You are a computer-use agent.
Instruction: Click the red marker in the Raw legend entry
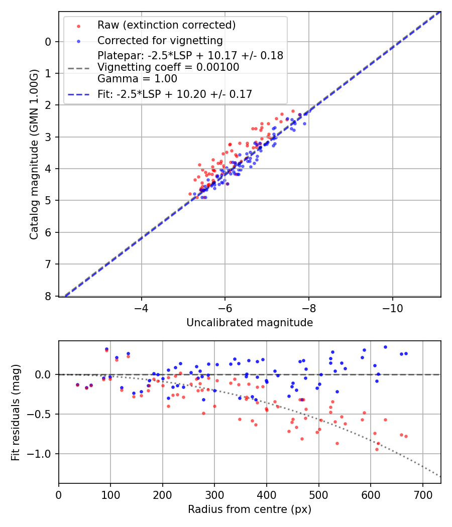(x=78, y=25)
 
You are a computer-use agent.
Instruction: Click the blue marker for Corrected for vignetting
(x=78, y=41)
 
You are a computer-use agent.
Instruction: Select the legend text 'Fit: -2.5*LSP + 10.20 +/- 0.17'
(x=175, y=94)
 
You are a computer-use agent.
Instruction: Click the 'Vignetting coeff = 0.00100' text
(x=168, y=67)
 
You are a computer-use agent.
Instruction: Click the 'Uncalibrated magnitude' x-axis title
(x=250, y=323)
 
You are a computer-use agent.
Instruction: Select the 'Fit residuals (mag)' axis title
(x=16, y=412)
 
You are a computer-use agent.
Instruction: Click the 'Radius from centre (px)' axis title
(x=250, y=509)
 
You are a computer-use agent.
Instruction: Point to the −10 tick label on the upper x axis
(x=392, y=308)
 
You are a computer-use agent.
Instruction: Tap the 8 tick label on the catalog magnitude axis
(x=48, y=296)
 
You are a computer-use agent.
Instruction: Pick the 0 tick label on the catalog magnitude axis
(x=48, y=42)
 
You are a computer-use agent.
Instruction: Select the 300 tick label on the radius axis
(x=214, y=494)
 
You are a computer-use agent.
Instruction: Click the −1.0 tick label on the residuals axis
(x=40, y=454)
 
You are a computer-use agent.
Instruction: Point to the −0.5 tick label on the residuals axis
(x=40, y=414)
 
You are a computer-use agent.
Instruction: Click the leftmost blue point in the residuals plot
(x=77, y=385)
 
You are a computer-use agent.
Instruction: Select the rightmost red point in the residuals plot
(x=406, y=436)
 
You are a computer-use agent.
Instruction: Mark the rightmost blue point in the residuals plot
(x=406, y=353)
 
